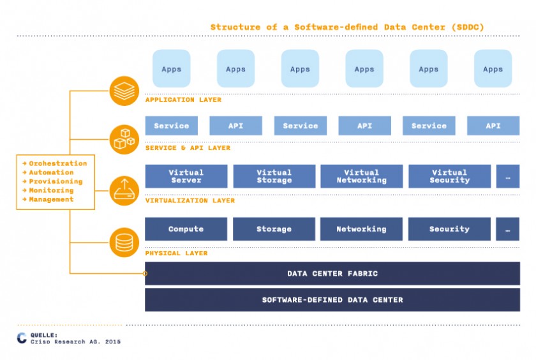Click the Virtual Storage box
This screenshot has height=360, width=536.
tap(274, 176)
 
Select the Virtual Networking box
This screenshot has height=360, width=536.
tap(361, 176)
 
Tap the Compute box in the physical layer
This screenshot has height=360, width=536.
tap(186, 229)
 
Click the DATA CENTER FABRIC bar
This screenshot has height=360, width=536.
tap(332, 273)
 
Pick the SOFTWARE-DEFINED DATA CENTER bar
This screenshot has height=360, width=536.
tap(332, 299)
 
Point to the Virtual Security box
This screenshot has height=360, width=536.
tap(449, 176)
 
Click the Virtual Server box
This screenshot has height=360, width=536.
tap(186, 176)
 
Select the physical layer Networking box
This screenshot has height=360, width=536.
tap(361, 229)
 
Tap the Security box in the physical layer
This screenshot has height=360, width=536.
tap(449, 229)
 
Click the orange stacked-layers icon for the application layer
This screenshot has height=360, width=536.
tap(124, 91)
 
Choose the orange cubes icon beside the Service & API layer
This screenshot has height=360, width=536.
tap(124, 139)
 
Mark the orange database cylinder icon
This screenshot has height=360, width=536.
tap(124, 243)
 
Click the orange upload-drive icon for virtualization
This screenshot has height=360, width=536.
tap(124, 190)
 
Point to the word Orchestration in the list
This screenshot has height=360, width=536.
tap(58, 163)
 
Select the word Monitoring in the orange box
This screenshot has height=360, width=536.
tap(51, 190)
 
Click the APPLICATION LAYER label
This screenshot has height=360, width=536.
tap(183, 100)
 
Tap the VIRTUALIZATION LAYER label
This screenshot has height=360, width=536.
tap(190, 200)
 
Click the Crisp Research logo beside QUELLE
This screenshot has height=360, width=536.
tap(22, 338)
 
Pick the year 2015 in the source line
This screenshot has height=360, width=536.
tap(113, 341)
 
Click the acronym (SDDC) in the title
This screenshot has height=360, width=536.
tap(468, 27)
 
